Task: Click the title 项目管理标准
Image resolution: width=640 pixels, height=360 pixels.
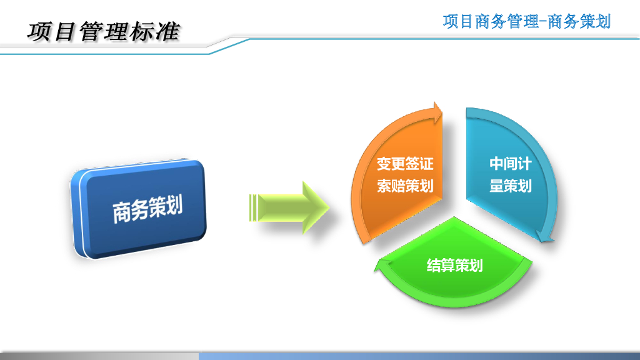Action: pyautogui.click(x=103, y=32)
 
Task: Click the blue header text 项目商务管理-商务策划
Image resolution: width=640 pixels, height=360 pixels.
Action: pyautogui.click(x=526, y=21)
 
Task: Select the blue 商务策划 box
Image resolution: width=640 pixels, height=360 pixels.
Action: pyautogui.click(x=139, y=209)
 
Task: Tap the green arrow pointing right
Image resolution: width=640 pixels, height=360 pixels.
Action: pyautogui.click(x=289, y=207)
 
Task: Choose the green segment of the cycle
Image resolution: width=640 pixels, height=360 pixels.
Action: pyautogui.click(x=454, y=265)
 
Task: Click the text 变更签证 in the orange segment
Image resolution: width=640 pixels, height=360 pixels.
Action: pyautogui.click(x=405, y=164)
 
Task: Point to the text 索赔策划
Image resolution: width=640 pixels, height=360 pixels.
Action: pyautogui.click(x=405, y=186)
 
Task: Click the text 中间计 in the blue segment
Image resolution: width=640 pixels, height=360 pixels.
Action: pyautogui.click(x=511, y=164)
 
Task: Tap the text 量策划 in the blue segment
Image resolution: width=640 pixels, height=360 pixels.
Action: pyautogui.click(x=511, y=186)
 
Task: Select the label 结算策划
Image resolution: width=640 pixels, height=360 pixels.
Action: pyautogui.click(x=455, y=265)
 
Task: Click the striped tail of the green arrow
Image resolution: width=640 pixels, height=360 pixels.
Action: pyautogui.click(x=253, y=207)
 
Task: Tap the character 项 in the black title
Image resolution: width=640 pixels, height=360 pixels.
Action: pyautogui.click(x=39, y=32)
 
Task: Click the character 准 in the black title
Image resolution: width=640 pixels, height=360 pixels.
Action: pyautogui.click(x=167, y=32)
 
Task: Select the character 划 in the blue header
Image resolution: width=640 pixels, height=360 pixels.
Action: pyautogui.click(x=603, y=21)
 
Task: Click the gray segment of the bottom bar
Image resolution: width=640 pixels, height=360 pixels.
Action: pyautogui.click(x=99, y=356)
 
